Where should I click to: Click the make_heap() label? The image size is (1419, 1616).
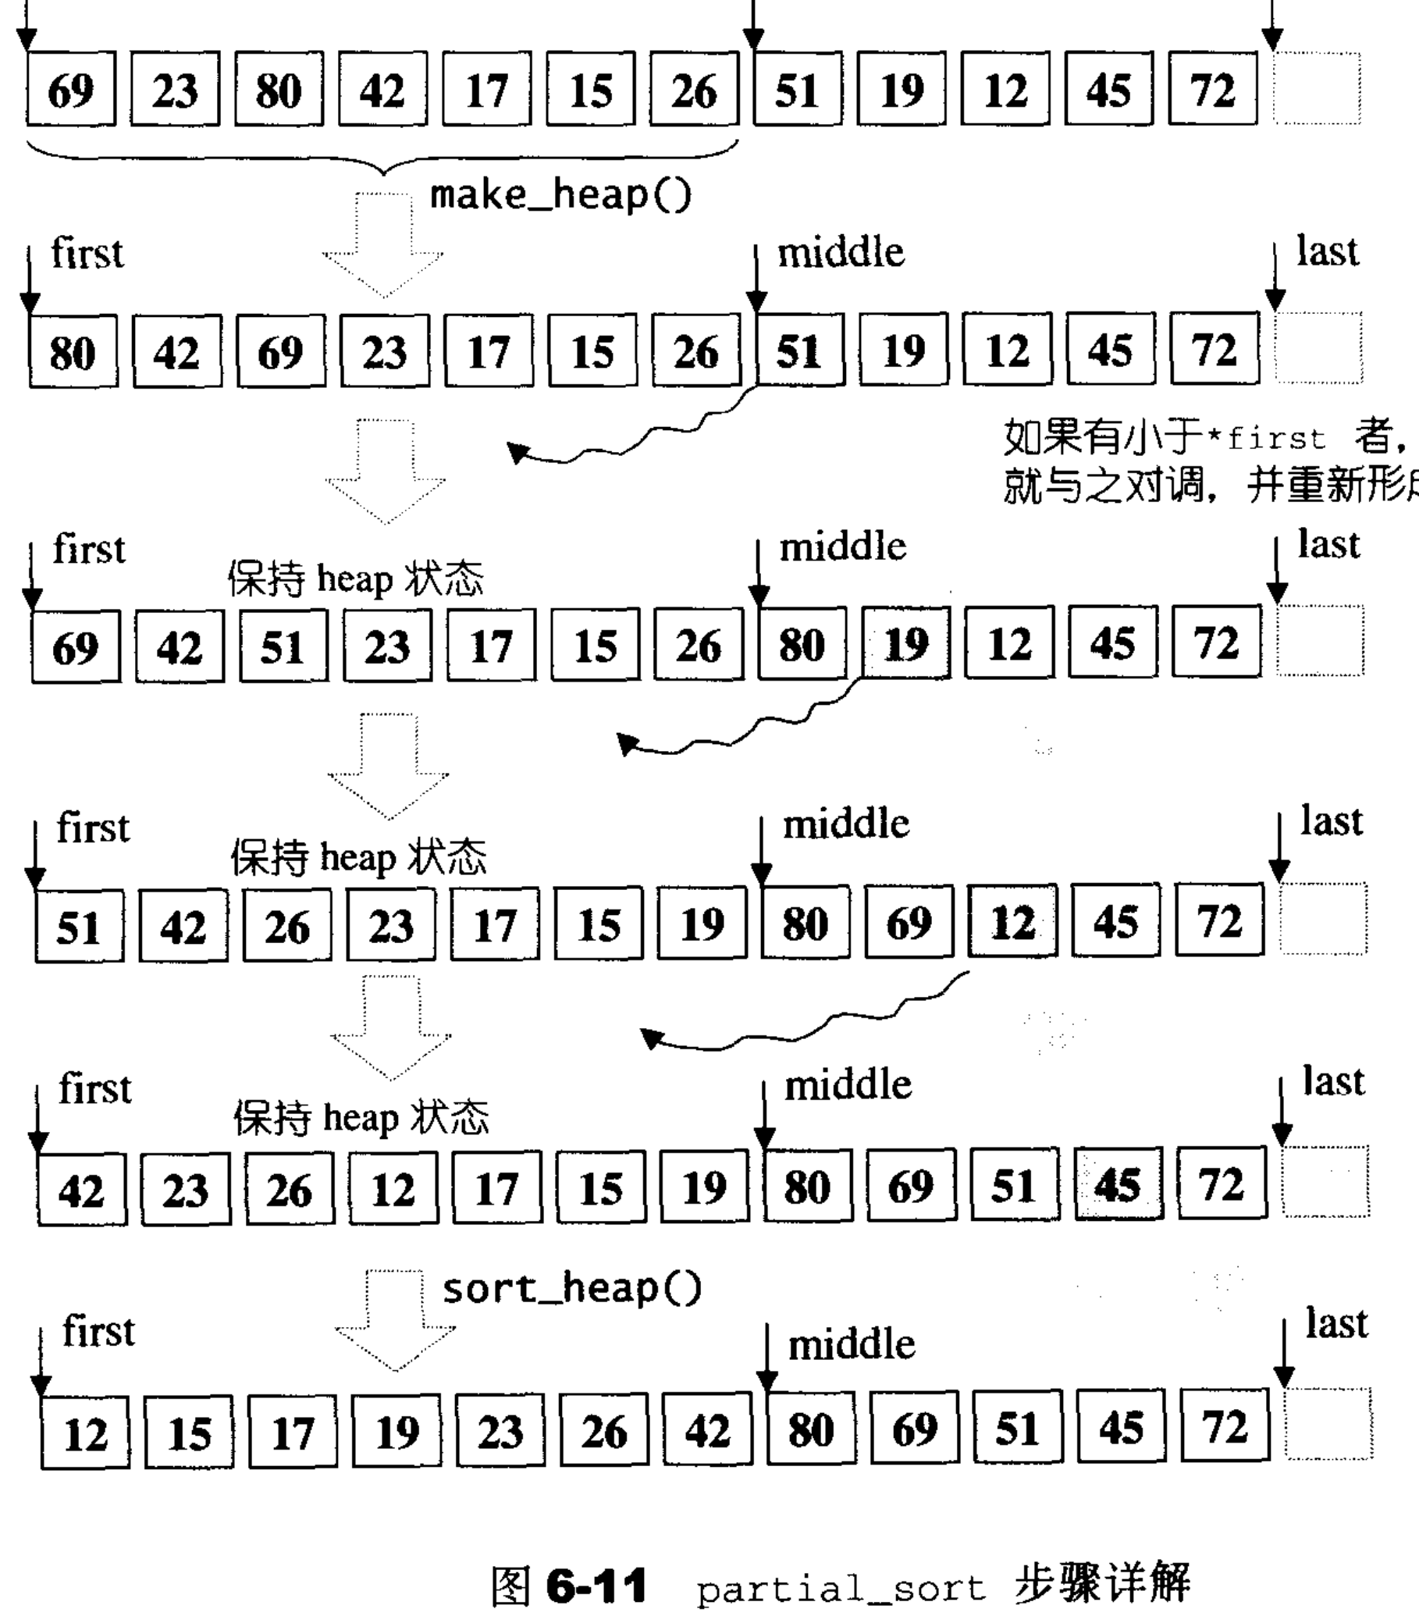click(560, 195)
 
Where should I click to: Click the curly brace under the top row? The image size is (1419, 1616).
click(383, 157)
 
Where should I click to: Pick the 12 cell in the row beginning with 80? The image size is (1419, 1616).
click(1007, 351)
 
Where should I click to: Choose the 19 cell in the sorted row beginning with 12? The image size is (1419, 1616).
click(396, 1432)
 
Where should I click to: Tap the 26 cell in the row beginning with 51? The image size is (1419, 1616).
click(287, 926)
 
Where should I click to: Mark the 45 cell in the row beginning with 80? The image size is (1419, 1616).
click(1111, 351)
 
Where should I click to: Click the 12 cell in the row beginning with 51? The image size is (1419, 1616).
click(1012, 923)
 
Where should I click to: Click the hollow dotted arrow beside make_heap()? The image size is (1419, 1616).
click(383, 245)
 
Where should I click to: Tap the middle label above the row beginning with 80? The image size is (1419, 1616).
click(841, 253)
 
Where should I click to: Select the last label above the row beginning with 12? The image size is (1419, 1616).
click(1336, 1323)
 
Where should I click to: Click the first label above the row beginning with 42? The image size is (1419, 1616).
click(95, 1089)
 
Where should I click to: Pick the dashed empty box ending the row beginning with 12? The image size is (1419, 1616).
click(1328, 1425)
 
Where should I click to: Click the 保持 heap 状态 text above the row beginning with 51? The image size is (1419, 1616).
click(358, 858)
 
